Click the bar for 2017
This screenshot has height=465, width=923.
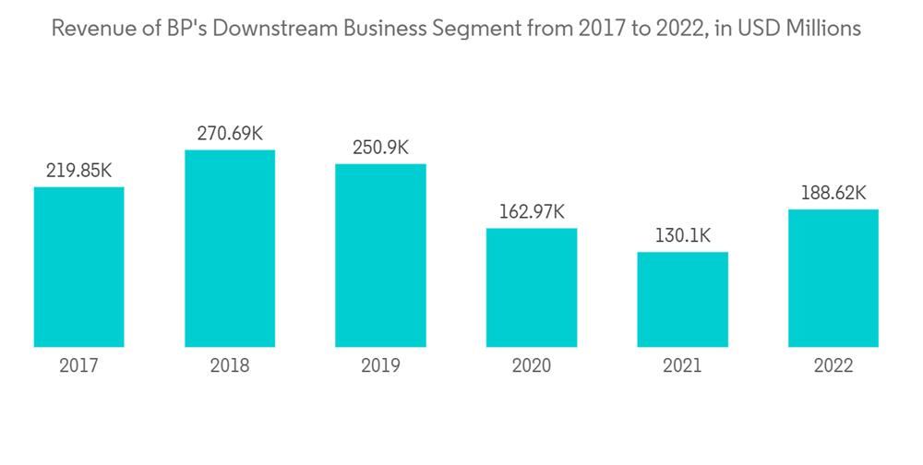pos(78,267)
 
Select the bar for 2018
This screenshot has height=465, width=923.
pos(230,248)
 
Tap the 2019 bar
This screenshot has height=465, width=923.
pos(380,256)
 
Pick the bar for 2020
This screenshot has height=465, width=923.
pos(532,287)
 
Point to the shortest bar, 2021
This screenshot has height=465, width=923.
pos(682,299)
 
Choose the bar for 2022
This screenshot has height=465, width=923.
pos(833,278)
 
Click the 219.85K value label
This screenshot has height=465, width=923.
pos(78,171)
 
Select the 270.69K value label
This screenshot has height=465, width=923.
pos(230,134)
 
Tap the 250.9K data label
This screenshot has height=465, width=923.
pos(380,148)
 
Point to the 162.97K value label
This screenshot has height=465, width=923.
pos(532,212)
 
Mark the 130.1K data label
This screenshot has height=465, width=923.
pos(682,236)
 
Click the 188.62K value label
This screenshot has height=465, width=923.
pos(833,193)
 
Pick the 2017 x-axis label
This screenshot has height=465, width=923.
pos(78,366)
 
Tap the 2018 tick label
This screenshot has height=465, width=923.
pos(230,366)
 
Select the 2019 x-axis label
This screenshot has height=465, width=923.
pos(380,366)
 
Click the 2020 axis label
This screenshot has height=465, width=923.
pos(532,366)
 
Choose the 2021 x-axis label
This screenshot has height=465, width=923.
pos(682,366)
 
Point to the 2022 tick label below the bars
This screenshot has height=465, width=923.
pos(833,366)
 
